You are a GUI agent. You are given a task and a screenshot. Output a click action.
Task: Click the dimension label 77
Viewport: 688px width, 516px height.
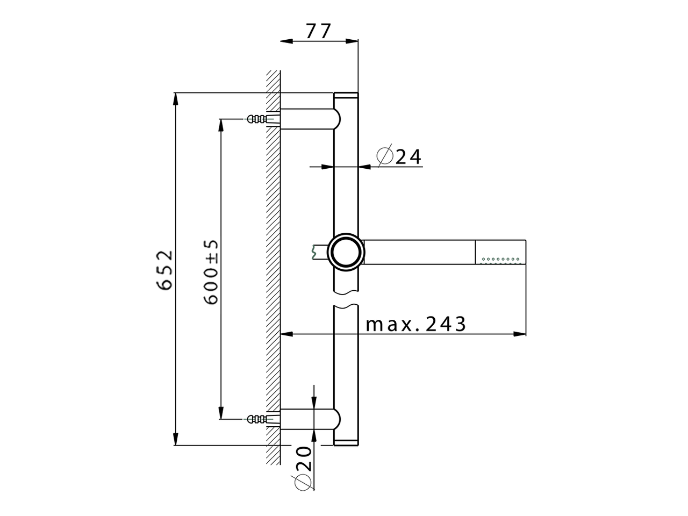click(x=319, y=31)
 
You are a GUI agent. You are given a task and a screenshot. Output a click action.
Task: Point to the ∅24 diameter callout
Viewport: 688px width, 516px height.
click(x=399, y=156)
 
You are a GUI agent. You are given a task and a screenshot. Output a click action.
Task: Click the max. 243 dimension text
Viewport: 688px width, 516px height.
click(x=415, y=324)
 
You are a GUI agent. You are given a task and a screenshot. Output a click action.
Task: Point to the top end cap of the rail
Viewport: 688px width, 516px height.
click(x=346, y=96)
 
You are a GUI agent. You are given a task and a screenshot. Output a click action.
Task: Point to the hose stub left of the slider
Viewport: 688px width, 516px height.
click(x=319, y=251)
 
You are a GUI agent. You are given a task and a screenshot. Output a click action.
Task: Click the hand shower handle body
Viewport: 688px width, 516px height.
click(x=420, y=251)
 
